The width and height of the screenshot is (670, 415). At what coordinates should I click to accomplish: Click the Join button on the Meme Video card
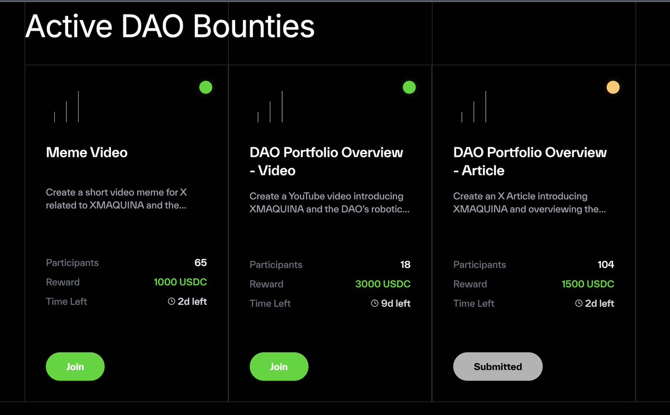[75, 366]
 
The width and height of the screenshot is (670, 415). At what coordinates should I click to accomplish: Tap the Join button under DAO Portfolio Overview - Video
[279, 366]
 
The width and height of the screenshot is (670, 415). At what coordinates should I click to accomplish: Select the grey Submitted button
[497, 366]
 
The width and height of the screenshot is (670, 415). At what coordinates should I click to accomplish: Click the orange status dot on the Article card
[613, 87]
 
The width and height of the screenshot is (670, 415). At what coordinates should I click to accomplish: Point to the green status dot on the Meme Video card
[206, 87]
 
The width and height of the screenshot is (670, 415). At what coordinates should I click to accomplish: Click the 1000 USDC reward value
[180, 282]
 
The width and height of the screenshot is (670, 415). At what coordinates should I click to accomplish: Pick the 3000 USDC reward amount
[382, 284]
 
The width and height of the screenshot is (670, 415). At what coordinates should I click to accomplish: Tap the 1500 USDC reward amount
[588, 284]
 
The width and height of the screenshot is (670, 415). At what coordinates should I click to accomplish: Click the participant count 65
[200, 263]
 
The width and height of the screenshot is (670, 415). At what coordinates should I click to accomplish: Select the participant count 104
[606, 264]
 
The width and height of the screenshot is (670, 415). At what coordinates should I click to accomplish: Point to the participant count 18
[405, 264]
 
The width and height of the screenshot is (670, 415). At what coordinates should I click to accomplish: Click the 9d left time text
[395, 303]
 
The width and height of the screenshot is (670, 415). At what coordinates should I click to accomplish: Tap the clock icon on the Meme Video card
[171, 301]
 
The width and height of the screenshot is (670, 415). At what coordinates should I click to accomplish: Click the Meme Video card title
[87, 152]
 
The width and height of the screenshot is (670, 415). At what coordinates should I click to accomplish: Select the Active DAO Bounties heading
[170, 26]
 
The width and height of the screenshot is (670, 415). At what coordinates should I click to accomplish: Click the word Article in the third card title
[483, 170]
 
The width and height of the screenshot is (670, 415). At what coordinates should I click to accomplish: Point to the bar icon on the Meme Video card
[66, 107]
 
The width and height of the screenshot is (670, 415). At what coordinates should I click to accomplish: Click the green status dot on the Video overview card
[409, 87]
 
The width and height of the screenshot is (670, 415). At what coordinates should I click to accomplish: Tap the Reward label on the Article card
[470, 284]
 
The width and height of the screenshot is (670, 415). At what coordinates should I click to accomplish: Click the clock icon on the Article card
[579, 303]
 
